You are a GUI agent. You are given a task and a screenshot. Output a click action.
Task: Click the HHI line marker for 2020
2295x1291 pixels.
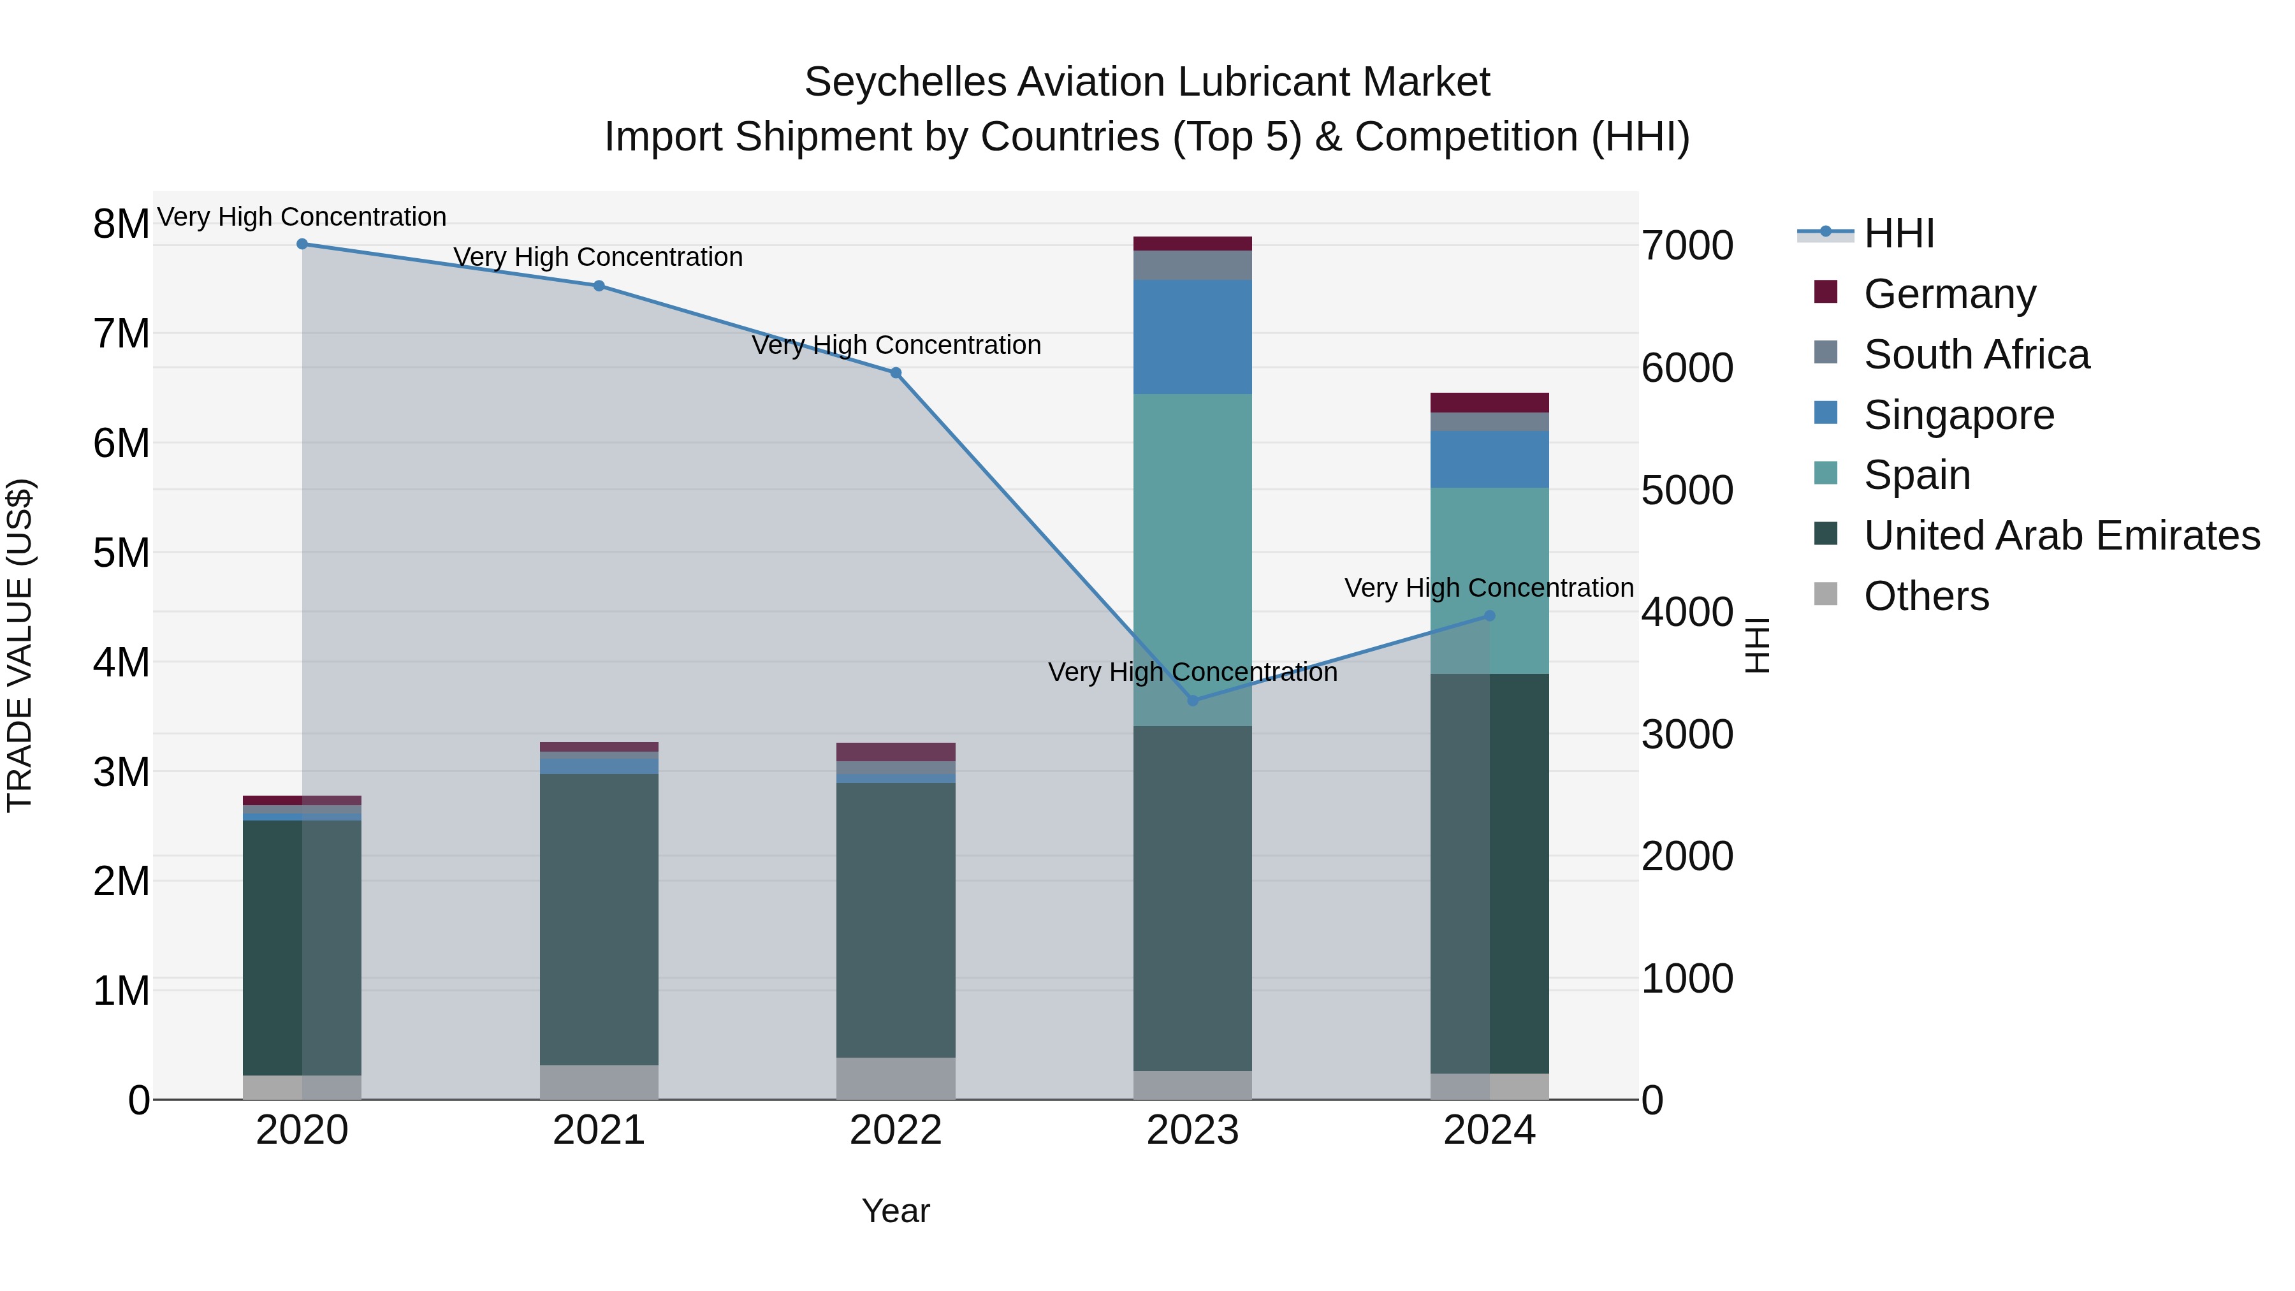(x=302, y=244)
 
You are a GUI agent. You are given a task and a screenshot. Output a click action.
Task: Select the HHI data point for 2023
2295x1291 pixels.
(x=1193, y=700)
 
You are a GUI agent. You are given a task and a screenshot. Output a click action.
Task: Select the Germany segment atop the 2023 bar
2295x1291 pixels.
(x=1192, y=244)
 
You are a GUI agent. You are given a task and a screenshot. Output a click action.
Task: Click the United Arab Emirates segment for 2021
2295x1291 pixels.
(x=599, y=917)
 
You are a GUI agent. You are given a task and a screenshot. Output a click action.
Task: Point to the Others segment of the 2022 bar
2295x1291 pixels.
(x=896, y=1078)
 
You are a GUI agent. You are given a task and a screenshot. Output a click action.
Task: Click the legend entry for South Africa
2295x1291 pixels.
(x=1976, y=354)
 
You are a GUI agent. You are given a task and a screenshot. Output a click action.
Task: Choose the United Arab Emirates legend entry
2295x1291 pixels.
(x=2062, y=536)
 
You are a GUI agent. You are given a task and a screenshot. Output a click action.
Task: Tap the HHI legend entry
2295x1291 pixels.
(x=1898, y=233)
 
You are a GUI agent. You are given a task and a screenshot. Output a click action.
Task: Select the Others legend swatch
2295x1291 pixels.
(x=1826, y=594)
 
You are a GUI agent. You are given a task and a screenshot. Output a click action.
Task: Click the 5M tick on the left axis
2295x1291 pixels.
(x=121, y=552)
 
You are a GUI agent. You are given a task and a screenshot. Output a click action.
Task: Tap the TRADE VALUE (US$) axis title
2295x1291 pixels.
(x=20, y=645)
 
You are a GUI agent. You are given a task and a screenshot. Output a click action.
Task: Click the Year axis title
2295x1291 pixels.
(x=896, y=1211)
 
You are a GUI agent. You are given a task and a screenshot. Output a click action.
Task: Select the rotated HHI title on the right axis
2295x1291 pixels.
(x=1757, y=645)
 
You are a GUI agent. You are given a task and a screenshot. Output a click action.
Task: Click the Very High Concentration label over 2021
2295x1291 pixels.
(x=598, y=256)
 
